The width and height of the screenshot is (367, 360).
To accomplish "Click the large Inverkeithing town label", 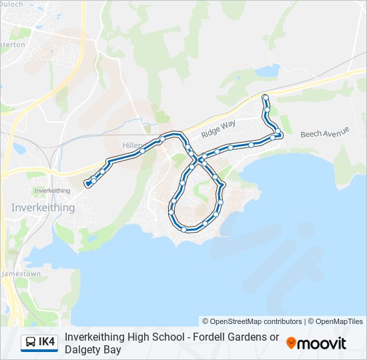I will click(x=43, y=208).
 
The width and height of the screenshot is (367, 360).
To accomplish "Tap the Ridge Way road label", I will click(x=219, y=129).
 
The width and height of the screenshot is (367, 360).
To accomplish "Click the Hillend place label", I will click(x=132, y=145).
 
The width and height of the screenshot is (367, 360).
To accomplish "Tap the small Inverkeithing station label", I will click(x=52, y=191).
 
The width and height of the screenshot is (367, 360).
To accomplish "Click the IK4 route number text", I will click(x=47, y=343).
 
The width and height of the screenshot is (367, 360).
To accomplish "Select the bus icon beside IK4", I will click(x=31, y=343).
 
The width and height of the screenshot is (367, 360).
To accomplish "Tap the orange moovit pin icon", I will click(x=291, y=343).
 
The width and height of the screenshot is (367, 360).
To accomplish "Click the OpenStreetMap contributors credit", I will click(x=252, y=321).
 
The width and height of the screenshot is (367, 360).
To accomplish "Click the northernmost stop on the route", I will click(x=266, y=97).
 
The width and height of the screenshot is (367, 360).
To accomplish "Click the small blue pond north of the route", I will click(x=268, y=69).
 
